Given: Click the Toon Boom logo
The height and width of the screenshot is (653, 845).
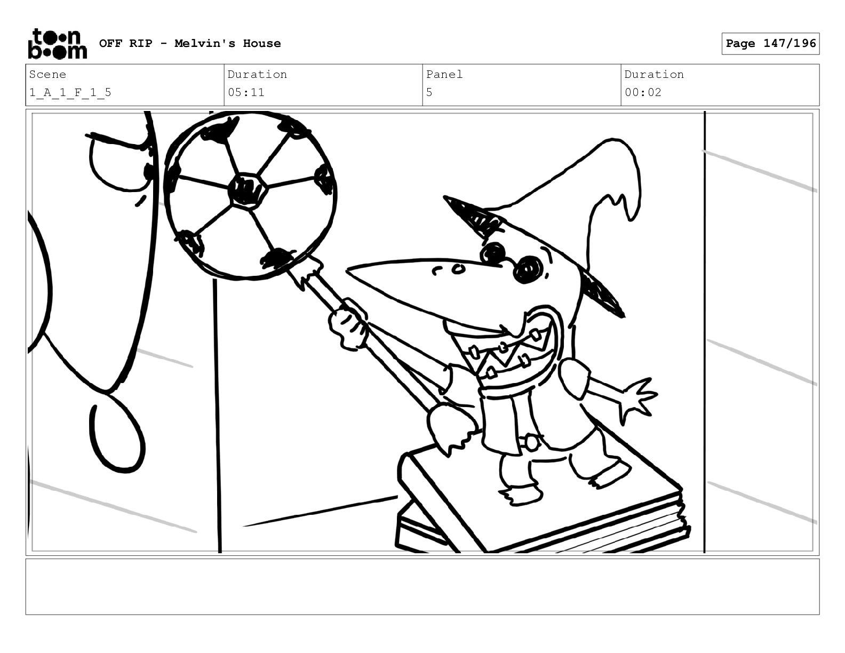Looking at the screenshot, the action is tap(58, 44).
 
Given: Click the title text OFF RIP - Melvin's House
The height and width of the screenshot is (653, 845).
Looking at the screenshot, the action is tap(190, 43).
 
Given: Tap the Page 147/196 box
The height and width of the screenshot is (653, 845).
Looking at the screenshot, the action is tap(770, 44).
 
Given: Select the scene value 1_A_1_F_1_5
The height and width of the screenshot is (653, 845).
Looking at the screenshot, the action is tap(70, 93).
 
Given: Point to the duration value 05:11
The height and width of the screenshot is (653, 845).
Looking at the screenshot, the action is tap(246, 93).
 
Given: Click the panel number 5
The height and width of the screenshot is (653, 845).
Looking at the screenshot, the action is tap(429, 93).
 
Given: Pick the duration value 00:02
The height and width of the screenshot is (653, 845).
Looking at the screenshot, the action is tap(643, 93).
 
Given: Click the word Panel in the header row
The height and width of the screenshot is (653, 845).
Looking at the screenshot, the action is tap(444, 74).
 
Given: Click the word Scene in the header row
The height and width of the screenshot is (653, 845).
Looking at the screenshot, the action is tap(47, 74).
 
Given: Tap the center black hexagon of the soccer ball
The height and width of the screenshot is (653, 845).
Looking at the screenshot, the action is tap(248, 190).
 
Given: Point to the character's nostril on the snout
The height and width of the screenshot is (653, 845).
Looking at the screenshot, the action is tap(459, 269).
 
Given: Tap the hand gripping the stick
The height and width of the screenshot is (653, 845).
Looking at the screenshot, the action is tap(348, 325).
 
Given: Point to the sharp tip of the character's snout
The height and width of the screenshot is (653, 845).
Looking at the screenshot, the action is tap(347, 269).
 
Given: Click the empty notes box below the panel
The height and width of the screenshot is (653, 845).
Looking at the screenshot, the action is tap(422, 586).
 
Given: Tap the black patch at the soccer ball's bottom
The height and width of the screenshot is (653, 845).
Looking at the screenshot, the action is tap(277, 258).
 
